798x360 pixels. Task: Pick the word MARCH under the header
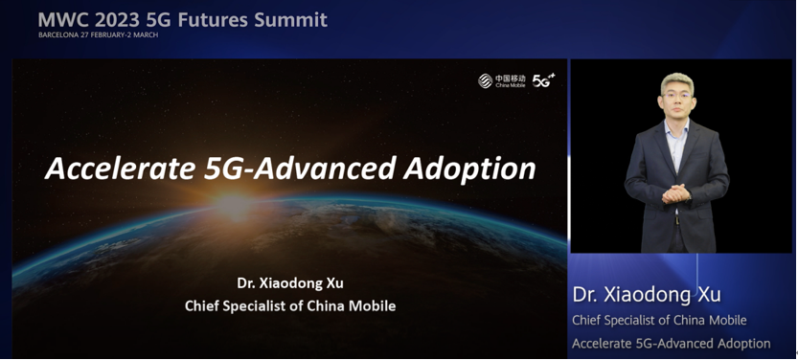[x=147, y=35]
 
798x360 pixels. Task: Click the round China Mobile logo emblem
[x=485, y=80]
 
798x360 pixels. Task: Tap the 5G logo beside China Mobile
[x=543, y=80]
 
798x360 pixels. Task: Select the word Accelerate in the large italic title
[x=120, y=169]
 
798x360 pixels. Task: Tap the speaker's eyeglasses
[x=676, y=95]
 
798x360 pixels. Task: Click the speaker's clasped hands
[x=676, y=193]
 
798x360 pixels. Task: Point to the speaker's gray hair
[x=677, y=81]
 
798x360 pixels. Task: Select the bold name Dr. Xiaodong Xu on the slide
[x=290, y=283]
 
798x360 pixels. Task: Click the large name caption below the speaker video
[x=647, y=296]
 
